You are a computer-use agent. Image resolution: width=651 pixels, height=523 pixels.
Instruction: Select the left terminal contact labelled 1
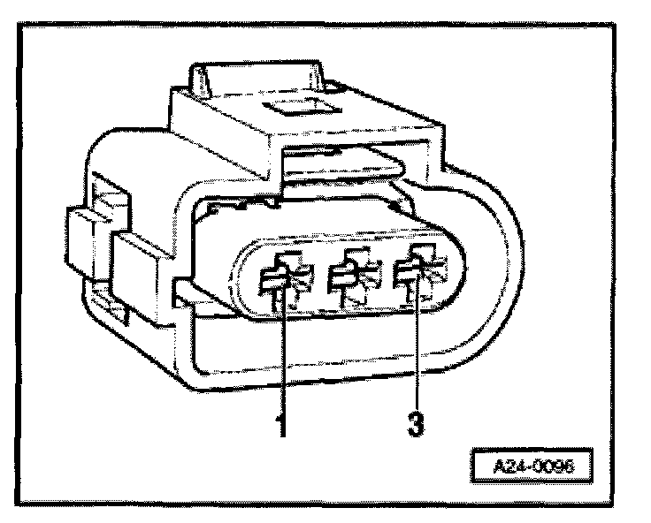click(x=280, y=281)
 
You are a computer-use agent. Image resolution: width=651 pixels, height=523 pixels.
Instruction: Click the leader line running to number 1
click(x=283, y=353)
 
